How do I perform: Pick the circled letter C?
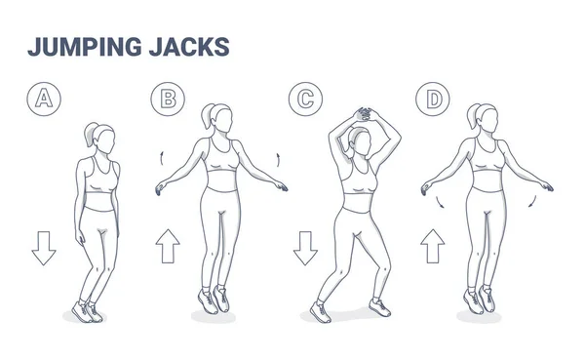(303, 98)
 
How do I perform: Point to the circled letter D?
(428, 98)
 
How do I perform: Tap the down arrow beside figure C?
(304, 249)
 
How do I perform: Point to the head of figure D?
(487, 121)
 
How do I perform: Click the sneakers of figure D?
(479, 299)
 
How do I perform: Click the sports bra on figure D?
(485, 156)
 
